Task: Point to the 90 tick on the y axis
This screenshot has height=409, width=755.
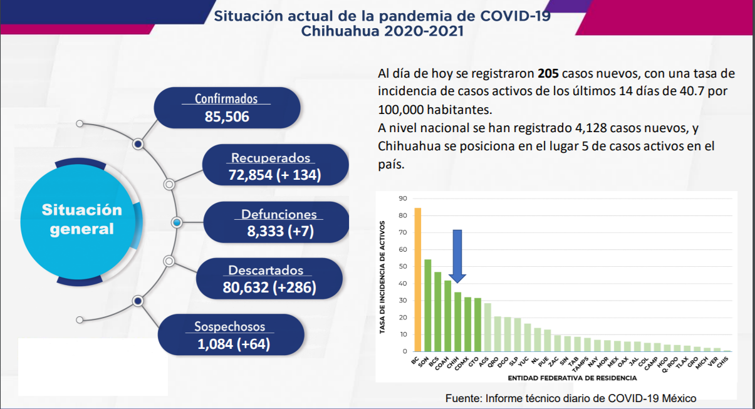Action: pos(402,199)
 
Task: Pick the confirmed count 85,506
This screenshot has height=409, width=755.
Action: pos(227,116)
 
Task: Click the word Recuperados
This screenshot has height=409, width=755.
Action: pos(271,158)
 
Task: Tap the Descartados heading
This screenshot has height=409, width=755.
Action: pos(266,271)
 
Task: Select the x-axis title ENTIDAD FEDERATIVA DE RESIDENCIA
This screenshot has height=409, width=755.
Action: pos(572,378)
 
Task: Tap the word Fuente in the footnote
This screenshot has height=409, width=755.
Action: pos(462,398)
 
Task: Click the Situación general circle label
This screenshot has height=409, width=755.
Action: pos(82,219)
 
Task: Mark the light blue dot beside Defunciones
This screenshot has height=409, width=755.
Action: pos(177,222)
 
